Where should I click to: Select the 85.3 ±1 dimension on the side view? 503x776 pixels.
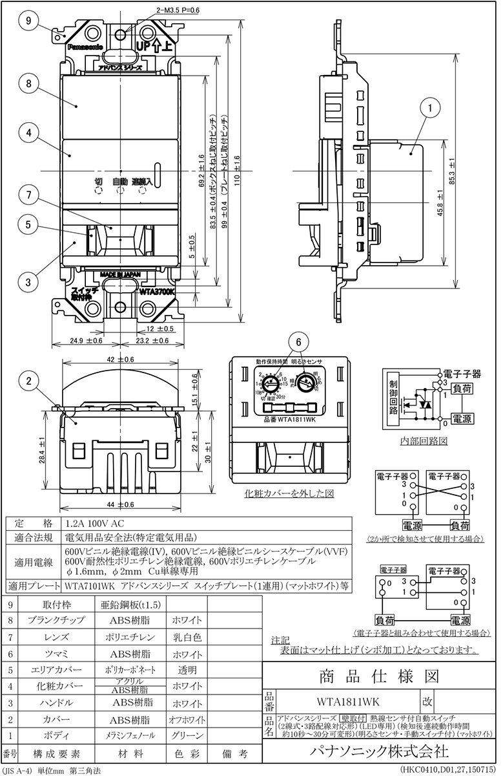coord(453,172)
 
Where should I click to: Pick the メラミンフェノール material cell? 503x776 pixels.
coord(133,735)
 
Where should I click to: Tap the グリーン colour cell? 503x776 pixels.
coord(187,735)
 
